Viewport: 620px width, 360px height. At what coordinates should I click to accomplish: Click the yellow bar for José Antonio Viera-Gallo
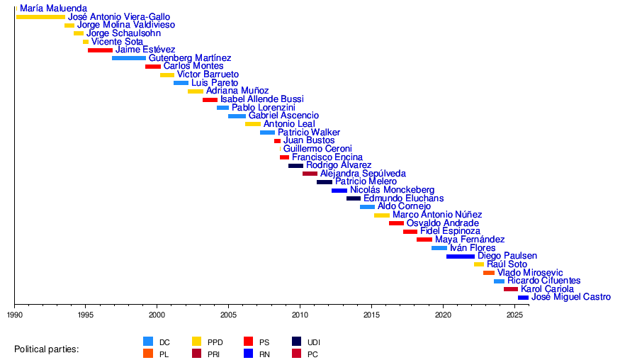pyautogui.click(x=40, y=17)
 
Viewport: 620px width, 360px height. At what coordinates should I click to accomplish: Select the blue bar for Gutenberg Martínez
pyautogui.click(x=129, y=58)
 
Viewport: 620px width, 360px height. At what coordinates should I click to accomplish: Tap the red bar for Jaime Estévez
pyautogui.click(x=100, y=50)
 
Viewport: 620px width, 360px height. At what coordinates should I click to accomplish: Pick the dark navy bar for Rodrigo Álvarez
pyautogui.click(x=295, y=166)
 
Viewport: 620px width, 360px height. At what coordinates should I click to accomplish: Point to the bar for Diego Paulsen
pyautogui.click(x=461, y=257)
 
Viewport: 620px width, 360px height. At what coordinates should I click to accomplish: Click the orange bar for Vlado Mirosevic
pyautogui.click(x=489, y=273)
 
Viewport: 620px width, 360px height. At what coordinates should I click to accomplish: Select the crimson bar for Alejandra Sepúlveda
pyautogui.click(x=310, y=174)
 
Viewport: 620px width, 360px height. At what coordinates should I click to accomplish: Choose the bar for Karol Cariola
pyautogui.click(x=511, y=289)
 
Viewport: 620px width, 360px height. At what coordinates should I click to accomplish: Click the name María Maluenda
pyautogui.click(x=54, y=9)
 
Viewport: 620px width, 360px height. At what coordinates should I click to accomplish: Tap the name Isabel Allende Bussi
pyautogui.click(x=261, y=99)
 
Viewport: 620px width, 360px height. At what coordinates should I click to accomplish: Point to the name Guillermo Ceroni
pyautogui.click(x=317, y=149)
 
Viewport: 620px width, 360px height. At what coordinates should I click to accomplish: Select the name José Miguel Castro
pyautogui.click(x=570, y=298)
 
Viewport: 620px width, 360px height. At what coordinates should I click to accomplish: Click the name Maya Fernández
pyautogui.click(x=469, y=240)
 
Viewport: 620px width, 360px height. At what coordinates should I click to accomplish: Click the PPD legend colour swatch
pyautogui.click(x=198, y=342)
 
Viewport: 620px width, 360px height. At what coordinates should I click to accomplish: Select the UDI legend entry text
pyautogui.click(x=314, y=342)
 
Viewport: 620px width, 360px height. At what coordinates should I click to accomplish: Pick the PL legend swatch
pyautogui.click(x=148, y=354)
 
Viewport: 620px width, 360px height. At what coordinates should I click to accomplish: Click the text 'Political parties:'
pyautogui.click(x=47, y=349)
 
